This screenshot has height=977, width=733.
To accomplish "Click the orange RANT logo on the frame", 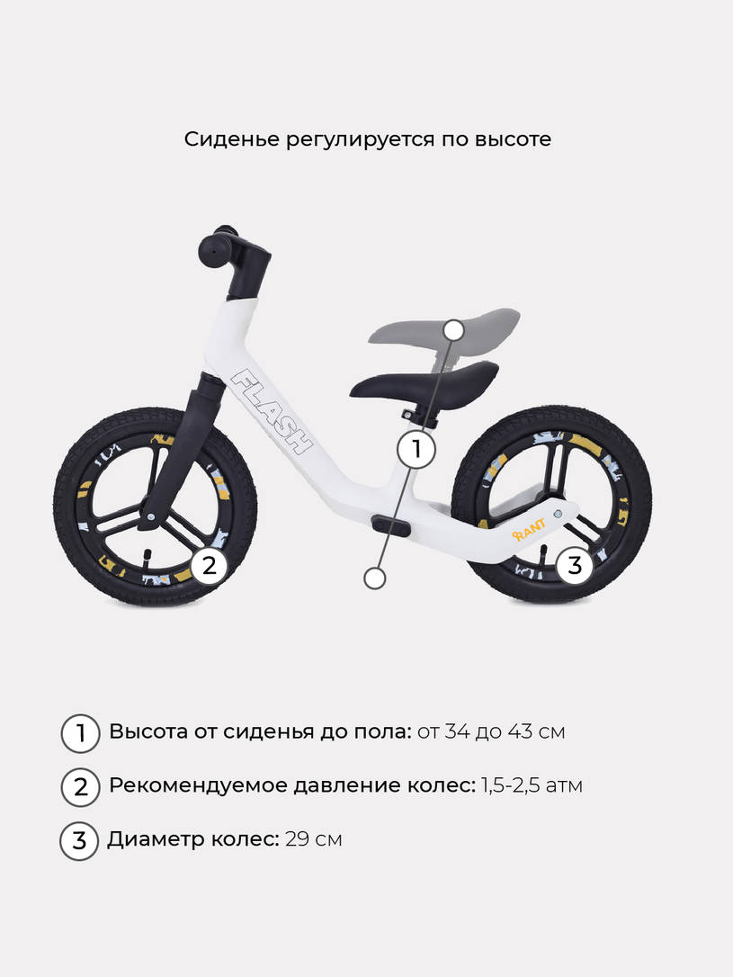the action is click(529, 529).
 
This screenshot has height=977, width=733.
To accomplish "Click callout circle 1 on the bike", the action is click(416, 449).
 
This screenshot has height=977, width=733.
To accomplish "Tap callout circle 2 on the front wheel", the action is click(210, 565).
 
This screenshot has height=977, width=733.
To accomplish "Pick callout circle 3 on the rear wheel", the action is click(574, 565).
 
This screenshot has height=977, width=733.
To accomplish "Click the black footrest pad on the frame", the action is click(391, 524).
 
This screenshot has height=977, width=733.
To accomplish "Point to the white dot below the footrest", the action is click(374, 578).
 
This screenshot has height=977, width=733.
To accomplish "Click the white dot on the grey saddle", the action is click(455, 329).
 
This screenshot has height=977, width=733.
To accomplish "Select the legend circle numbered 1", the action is click(80, 733).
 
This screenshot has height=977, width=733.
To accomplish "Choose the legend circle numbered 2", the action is click(80, 787).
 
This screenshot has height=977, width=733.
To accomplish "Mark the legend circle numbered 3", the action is click(79, 841).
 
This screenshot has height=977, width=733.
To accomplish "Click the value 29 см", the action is click(314, 839).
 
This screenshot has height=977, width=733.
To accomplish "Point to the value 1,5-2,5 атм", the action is click(532, 785).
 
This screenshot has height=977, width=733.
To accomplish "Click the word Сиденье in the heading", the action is click(232, 139).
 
